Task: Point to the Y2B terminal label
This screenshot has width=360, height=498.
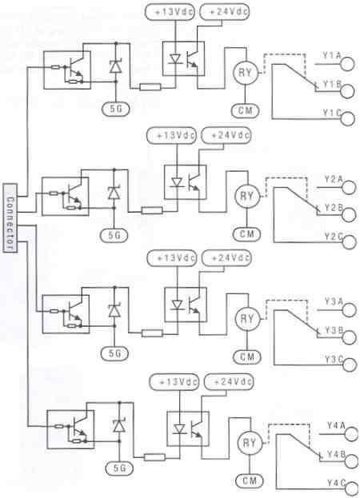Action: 331,208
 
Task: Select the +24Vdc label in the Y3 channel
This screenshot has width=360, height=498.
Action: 226,257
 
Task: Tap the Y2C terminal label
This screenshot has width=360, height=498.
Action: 331,237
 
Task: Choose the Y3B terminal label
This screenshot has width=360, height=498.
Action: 331,329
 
